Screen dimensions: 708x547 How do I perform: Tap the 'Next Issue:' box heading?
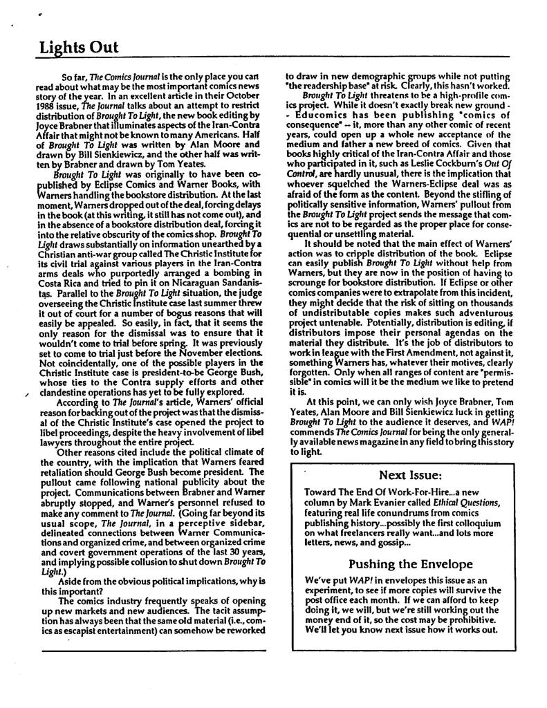pos(410,475)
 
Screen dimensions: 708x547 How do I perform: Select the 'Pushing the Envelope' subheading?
pos(410,563)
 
